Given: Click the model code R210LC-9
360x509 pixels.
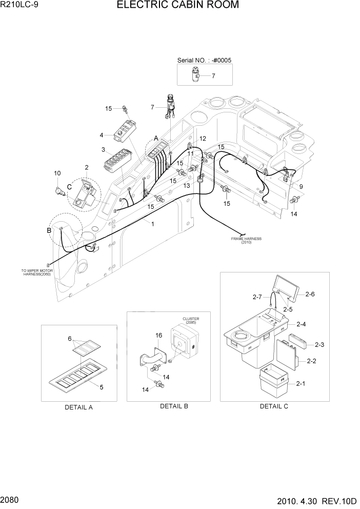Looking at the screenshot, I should point(20,6).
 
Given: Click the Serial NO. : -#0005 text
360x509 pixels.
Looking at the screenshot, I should point(204,60).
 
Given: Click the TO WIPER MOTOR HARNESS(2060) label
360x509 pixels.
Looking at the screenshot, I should point(34,272).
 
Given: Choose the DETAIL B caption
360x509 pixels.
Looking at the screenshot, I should point(174,406).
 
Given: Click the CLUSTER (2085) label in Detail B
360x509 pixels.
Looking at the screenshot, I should point(190,321).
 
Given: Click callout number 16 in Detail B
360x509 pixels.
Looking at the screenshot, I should point(158,335).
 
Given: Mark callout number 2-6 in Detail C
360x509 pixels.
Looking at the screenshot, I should point(309,294).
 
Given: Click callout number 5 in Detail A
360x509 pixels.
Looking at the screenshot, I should point(102,387).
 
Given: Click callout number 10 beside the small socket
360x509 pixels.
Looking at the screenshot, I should point(57,173).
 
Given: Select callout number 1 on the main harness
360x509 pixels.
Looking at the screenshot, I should point(152,224).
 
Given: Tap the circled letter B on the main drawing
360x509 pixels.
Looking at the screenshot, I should point(50,230).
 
